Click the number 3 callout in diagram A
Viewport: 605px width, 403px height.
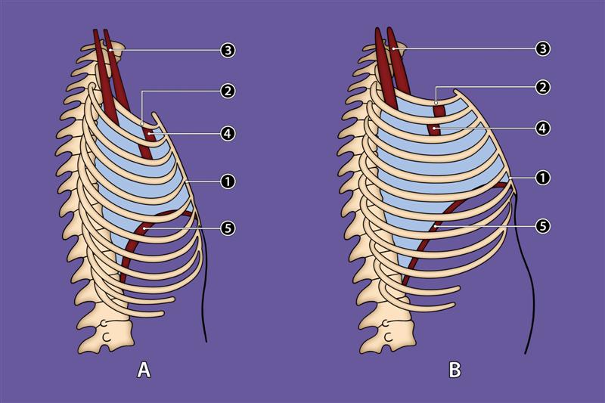point(228,51)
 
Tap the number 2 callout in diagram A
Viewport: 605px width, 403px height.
point(228,91)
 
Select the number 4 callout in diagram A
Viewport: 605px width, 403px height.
point(228,133)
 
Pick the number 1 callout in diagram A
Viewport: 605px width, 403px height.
point(228,181)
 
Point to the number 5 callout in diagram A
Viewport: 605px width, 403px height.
point(228,227)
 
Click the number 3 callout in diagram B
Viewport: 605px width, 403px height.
point(541,48)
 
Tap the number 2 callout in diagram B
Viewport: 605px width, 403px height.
point(541,87)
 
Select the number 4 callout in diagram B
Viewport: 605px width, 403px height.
point(541,128)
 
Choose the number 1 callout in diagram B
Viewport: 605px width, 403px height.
point(541,178)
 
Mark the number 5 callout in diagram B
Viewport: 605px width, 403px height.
point(541,225)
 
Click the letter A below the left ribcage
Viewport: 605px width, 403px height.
point(143,370)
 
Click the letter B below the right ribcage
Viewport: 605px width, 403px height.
point(455,370)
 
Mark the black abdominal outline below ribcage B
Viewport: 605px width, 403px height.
point(522,287)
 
